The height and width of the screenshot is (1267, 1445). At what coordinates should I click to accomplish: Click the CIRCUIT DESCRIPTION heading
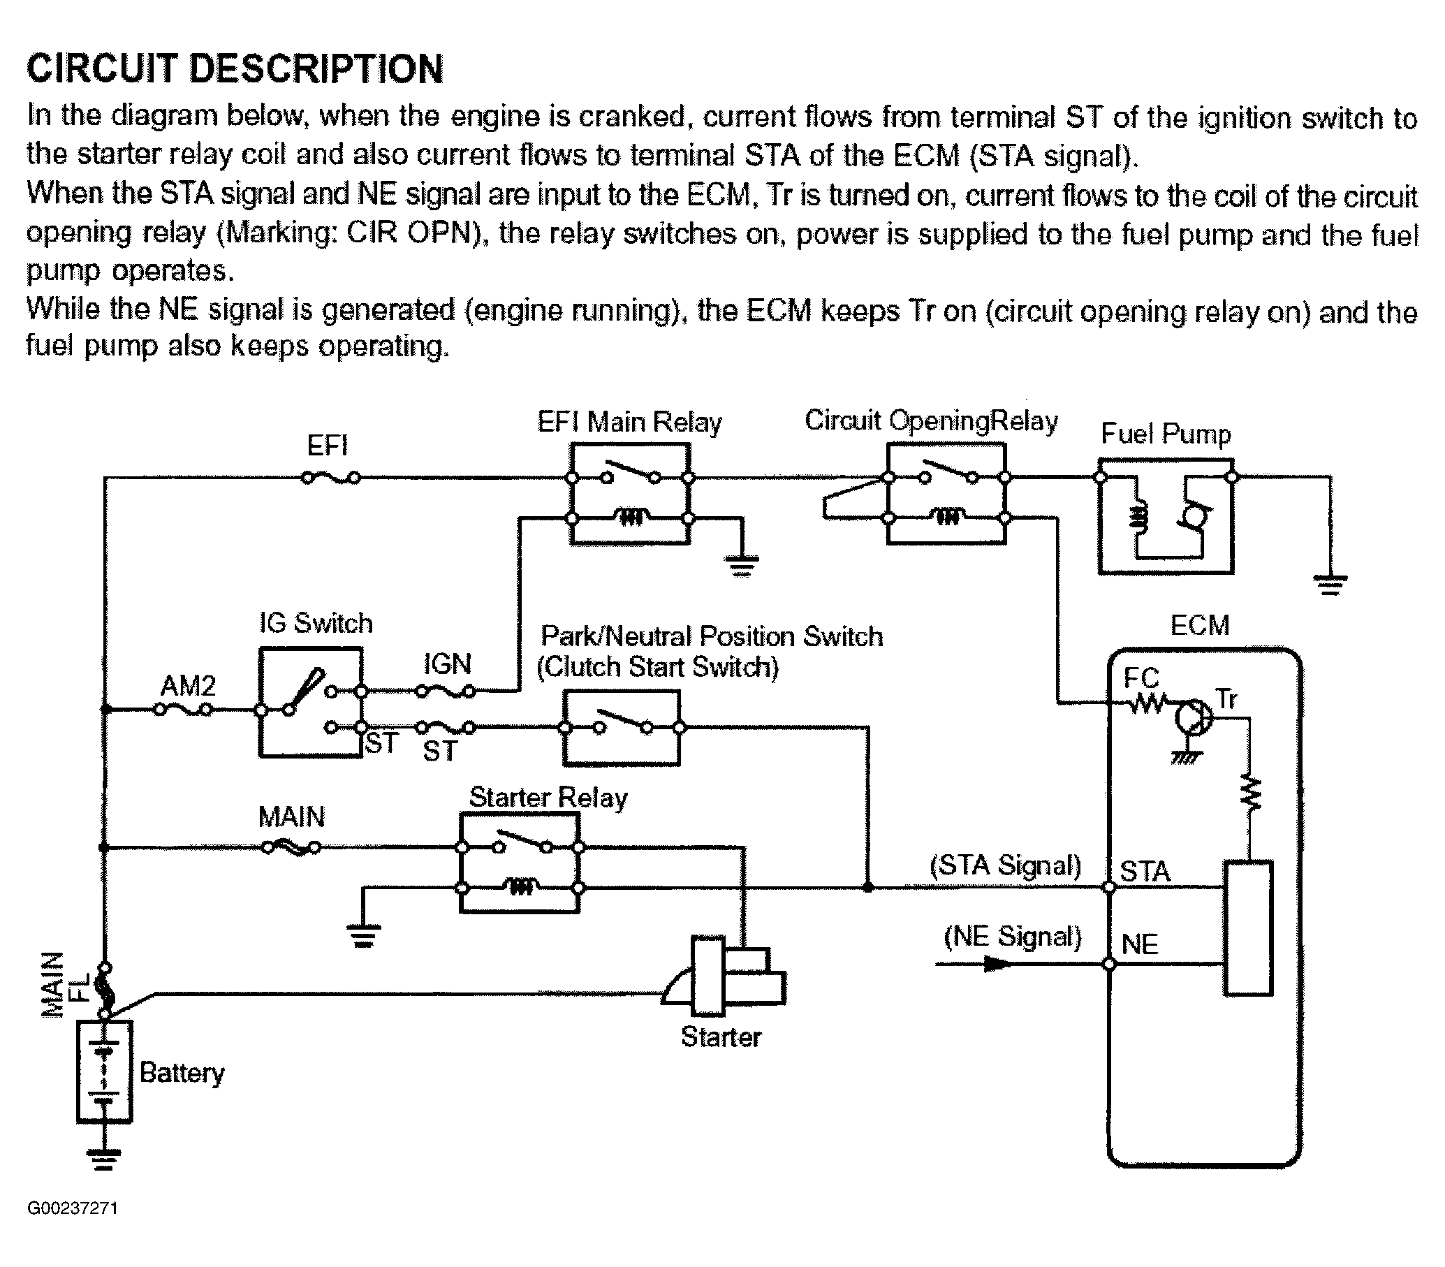pyautogui.click(x=235, y=69)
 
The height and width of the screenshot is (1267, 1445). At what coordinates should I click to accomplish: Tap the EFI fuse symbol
pyautogui.click(x=331, y=478)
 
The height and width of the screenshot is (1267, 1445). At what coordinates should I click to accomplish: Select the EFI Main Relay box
pyautogui.click(x=630, y=495)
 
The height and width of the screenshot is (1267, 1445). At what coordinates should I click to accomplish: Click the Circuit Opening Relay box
pyautogui.click(x=946, y=495)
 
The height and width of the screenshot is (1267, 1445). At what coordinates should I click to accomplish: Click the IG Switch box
pyautogui.click(x=311, y=703)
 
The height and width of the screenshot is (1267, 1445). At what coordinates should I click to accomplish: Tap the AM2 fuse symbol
pyautogui.click(x=184, y=709)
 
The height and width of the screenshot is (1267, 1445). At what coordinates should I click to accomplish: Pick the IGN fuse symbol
pyautogui.click(x=446, y=691)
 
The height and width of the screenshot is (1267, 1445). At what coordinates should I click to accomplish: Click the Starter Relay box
pyautogui.click(x=520, y=863)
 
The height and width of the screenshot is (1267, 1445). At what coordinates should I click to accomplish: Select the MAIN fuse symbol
pyautogui.click(x=291, y=847)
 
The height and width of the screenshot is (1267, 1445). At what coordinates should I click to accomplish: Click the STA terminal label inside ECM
pyautogui.click(x=1145, y=872)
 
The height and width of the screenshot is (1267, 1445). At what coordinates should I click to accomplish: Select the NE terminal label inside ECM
pyautogui.click(x=1140, y=944)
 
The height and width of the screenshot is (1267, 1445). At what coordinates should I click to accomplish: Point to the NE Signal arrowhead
pyautogui.click(x=997, y=964)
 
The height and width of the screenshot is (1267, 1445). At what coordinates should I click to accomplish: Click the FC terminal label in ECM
pyautogui.click(x=1141, y=678)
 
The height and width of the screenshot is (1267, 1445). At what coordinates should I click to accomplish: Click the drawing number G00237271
pyautogui.click(x=73, y=1208)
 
